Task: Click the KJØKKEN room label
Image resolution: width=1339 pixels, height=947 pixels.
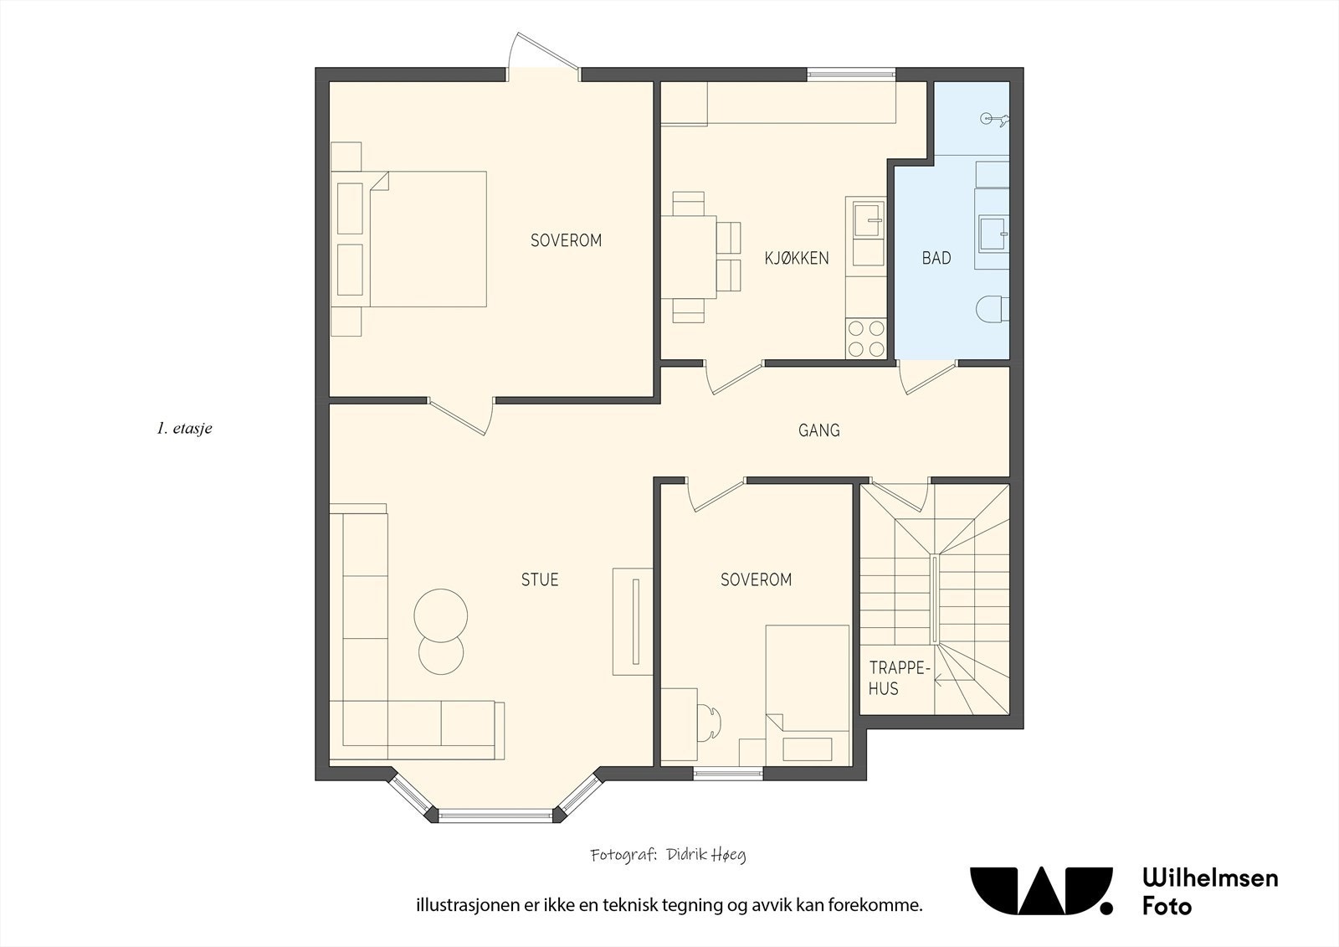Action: pos(796,258)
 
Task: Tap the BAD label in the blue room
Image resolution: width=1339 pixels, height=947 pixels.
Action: pos(936,258)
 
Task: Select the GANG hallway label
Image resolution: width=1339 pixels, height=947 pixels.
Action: pos(819,430)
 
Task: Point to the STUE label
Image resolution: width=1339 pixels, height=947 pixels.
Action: pos(540,579)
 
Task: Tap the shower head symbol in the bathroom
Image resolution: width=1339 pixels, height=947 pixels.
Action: pos(994,119)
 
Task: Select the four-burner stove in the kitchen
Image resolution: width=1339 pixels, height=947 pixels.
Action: pos(865,338)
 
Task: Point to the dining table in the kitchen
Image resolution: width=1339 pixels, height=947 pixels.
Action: pos(689,257)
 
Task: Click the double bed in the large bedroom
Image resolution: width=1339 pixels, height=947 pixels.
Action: pos(409,239)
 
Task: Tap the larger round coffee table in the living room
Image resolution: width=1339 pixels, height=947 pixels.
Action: pos(441,615)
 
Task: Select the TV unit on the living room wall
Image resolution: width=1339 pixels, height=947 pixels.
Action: pos(633,621)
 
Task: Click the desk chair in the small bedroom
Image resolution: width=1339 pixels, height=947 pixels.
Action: pos(710,724)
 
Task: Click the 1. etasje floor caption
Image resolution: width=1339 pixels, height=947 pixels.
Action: pos(185,429)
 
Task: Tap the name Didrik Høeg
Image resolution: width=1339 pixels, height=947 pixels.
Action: pos(706,855)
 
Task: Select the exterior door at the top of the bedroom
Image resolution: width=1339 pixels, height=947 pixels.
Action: pos(543,58)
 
